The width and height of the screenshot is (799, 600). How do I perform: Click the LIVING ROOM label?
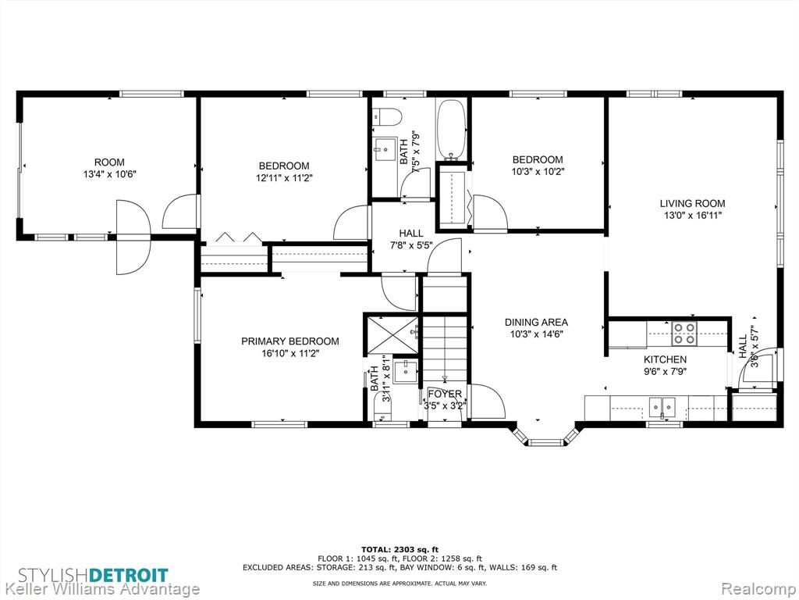click(x=693, y=203)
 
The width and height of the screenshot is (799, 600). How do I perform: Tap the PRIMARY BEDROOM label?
click(x=290, y=341)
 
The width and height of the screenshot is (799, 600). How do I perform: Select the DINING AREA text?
click(x=536, y=323)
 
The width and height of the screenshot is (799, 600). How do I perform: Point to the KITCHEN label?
click(x=665, y=359)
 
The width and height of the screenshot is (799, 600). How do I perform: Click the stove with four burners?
click(x=684, y=333)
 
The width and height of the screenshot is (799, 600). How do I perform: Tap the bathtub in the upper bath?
click(x=452, y=129)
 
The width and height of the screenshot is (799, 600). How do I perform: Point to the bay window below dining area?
click(x=545, y=437)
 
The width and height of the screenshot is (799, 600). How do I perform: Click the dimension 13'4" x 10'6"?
click(x=109, y=174)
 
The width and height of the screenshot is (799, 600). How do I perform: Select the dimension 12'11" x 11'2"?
click(x=284, y=178)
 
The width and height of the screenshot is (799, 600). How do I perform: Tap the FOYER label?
click(x=445, y=394)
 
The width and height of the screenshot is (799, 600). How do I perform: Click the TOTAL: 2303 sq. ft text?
click(x=399, y=549)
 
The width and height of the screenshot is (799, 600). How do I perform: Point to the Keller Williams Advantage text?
click(x=100, y=589)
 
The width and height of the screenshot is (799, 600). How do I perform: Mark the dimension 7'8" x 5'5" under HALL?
click(x=411, y=245)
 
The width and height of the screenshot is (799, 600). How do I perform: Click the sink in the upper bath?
click(x=385, y=149)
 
